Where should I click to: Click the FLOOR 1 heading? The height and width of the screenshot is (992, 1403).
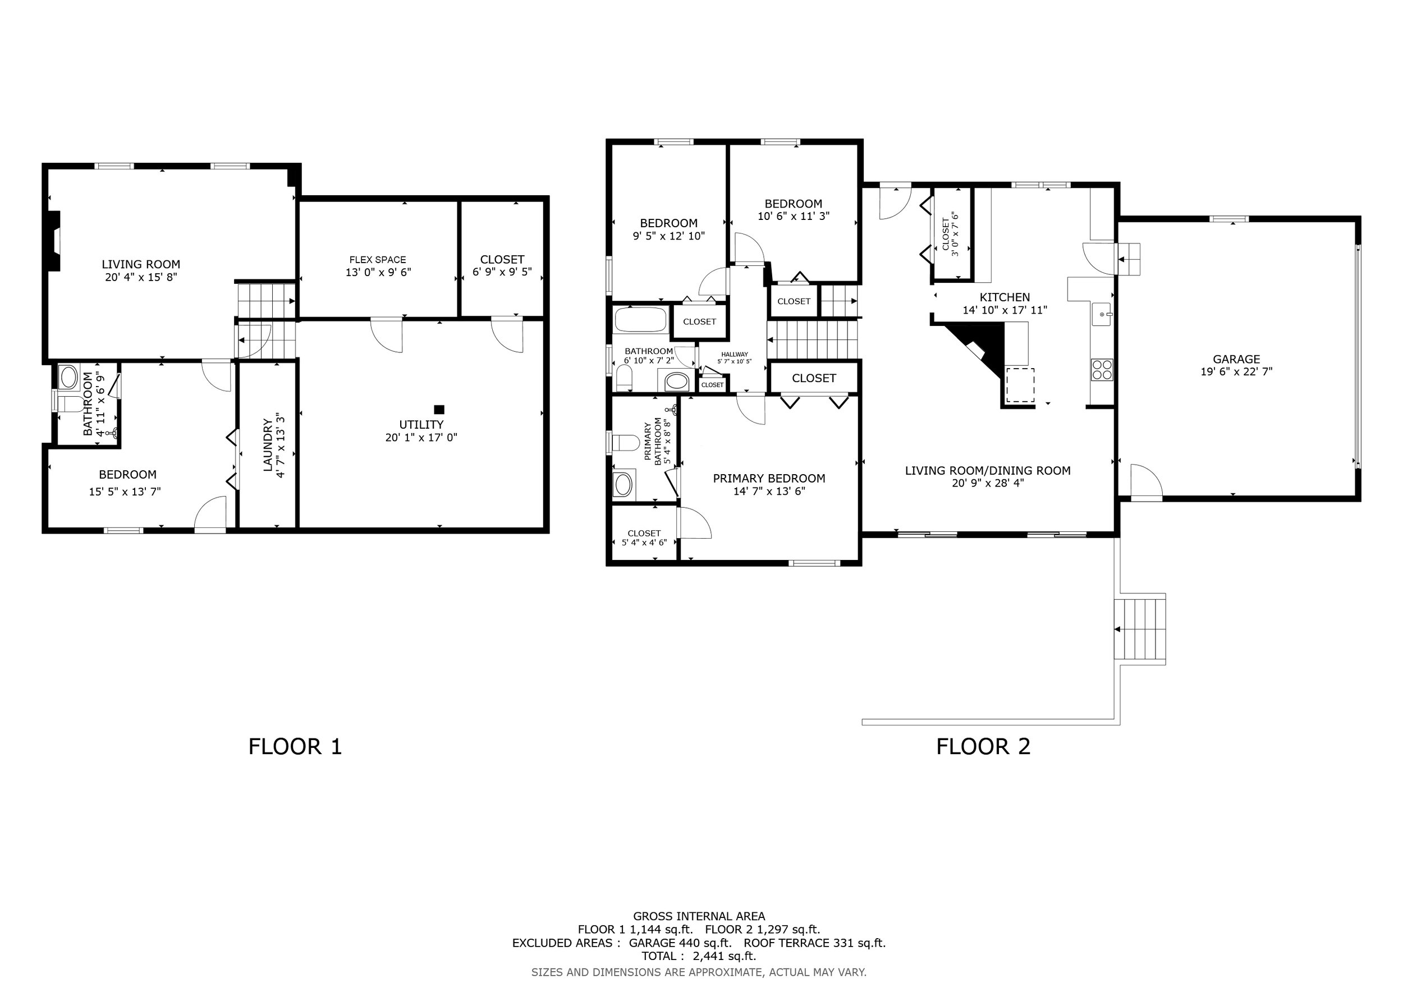pyautogui.click(x=295, y=746)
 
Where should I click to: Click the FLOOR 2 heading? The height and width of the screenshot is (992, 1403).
pyautogui.click(x=983, y=746)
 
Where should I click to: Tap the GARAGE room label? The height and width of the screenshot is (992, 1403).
pyautogui.click(x=1236, y=359)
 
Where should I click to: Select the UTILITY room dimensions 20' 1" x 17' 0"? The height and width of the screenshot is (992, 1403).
pyautogui.click(x=421, y=437)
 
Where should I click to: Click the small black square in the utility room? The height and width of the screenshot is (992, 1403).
pyautogui.click(x=439, y=410)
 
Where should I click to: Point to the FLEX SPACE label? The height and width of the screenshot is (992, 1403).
pyautogui.click(x=378, y=260)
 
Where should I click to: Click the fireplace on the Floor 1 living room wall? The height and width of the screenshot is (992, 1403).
pyautogui.click(x=54, y=241)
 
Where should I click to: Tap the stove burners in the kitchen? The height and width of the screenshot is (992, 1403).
pyautogui.click(x=1102, y=370)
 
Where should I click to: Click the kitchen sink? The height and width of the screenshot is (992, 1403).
pyautogui.click(x=1102, y=314)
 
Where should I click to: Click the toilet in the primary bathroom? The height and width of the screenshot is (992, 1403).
pyautogui.click(x=625, y=442)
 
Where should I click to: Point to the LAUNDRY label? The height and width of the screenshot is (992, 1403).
pyautogui.click(x=267, y=445)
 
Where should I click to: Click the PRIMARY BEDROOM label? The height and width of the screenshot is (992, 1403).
pyautogui.click(x=769, y=478)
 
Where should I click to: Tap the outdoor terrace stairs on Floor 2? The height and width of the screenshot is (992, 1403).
pyautogui.click(x=1140, y=628)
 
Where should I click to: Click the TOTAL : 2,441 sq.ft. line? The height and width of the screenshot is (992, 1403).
pyautogui.click(x=699, y=956)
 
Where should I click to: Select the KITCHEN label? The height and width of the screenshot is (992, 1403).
pyautogui.click(x=1005, y=297)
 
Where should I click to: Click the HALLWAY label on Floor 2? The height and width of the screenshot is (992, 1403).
pyautogui.click(x=734, y=354)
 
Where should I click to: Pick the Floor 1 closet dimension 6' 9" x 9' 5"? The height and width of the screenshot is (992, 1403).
pyautogui.click(x=502, y=272)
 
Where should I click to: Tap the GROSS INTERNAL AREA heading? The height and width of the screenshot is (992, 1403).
pyautogui.click(x=699, y=916)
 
